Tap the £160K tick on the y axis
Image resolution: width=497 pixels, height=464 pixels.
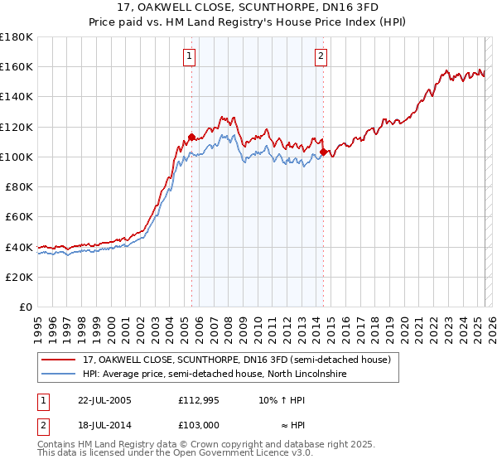17,66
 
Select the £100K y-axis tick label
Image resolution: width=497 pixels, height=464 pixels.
17,157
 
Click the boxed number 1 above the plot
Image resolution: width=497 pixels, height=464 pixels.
190,56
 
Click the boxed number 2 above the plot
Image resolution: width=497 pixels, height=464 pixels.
321,56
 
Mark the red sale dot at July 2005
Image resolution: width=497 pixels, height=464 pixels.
191,137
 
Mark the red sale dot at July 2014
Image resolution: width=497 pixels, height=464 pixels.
323,152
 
